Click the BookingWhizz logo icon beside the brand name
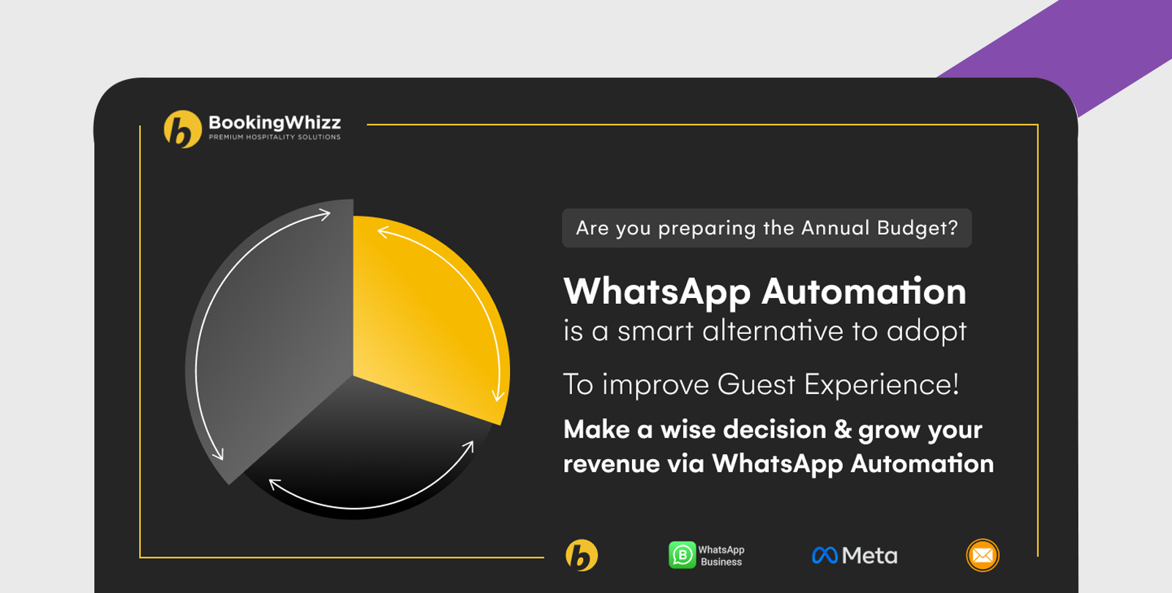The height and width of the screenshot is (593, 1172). pyautogui.click(x=183, y=129)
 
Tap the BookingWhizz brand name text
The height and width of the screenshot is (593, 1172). pyautogui.click(x=274, y=122)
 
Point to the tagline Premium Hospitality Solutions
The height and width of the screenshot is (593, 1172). pyautogui.click(x=274, y=137)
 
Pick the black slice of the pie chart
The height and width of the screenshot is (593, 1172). pyautogui.click(x=361, y=450)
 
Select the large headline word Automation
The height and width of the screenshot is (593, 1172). pyautogui.click(x=864, y=291)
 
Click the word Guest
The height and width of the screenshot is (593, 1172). pyautogui.click(x=756, y=384)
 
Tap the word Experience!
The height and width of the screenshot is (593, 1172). pyautogui.click(x=882, y=384)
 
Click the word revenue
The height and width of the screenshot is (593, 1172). pyautogui.click(x=612, y=464)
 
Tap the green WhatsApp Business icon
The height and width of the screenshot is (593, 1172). pyautogui.click(x=683, y=555)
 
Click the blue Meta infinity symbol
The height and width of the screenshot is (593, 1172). pyautogui.click(x=824, y=556)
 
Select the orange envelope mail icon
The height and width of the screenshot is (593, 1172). pyautogui.click(x=983, y=556)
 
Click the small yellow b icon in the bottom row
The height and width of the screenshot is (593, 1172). pyautogui.click(x=582, y=556)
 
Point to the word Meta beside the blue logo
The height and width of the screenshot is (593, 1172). pyautogui.click(x=870, y=556)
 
